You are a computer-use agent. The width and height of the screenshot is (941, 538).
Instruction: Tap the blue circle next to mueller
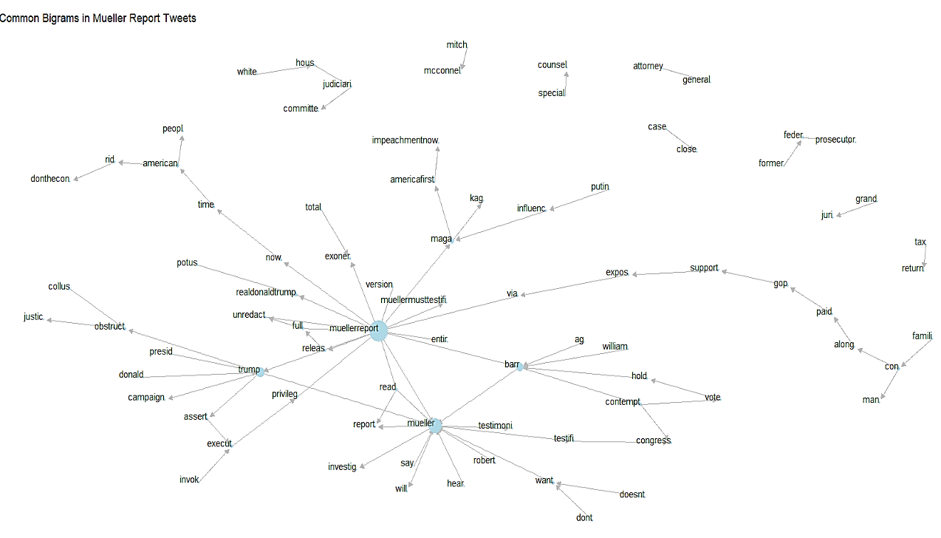click(436, 426)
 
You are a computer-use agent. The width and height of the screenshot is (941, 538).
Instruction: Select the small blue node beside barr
click(521, 367)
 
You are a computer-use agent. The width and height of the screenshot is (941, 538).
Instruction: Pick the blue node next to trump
click(260, 372)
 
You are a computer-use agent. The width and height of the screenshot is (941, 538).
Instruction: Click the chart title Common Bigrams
click(98, 18)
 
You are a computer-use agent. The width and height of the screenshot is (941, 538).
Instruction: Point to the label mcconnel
click(442, 71)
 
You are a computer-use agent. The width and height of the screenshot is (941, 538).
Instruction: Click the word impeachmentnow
click(409, 140)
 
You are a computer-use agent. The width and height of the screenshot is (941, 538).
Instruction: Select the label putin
click(600, 186)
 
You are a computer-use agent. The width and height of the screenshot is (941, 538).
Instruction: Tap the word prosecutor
click(835, 140)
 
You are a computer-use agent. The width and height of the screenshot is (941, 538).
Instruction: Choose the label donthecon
click(49, 179)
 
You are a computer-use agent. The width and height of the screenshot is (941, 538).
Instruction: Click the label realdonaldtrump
click(265, 292)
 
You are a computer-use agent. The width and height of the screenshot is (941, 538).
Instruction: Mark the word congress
click(653, 440)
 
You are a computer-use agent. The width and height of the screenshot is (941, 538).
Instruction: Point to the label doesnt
click(632, 494)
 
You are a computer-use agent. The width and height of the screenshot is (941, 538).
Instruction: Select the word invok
click(189, 480)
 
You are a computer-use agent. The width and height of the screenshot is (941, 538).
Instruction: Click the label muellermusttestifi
click(413, 300)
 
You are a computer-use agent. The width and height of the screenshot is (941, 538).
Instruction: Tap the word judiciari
click(337, 84)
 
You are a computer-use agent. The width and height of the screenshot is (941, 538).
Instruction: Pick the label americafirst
click(412, 180)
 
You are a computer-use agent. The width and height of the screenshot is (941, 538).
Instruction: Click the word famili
click(922, 336)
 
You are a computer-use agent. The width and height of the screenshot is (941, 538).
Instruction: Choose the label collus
click(59, 287)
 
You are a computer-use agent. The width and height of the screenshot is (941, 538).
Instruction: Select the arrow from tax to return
click(924, 255)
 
